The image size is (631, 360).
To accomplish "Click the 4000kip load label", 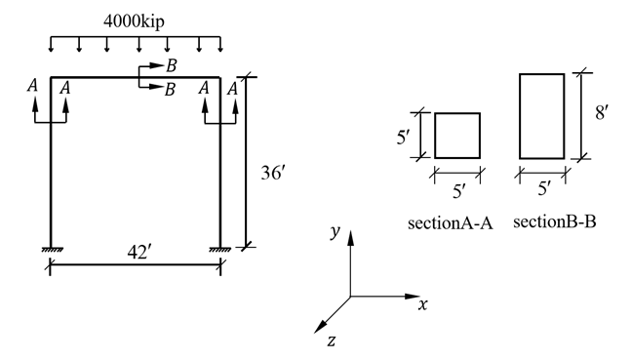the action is tap(134, 21).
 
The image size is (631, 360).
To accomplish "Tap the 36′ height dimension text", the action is tap(273, 173).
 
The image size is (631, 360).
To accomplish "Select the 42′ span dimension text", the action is tap(139, 253).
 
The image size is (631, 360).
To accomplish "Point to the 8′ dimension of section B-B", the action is tap(601, 112).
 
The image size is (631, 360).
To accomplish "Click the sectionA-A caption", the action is tap(450, 223).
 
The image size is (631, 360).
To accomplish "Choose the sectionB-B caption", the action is tap(555, 221).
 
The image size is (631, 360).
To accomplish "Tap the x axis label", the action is tap(422, 304).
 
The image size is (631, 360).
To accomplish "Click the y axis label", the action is tap(335, 231).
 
